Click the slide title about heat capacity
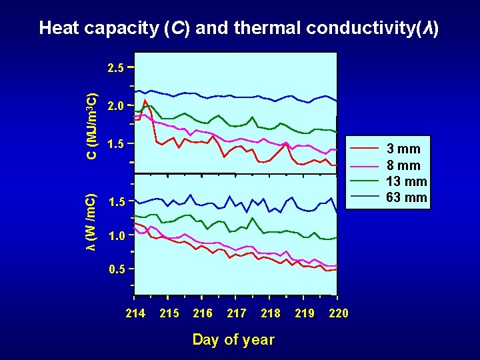pos(239,28)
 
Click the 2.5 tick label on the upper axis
pos(116,68)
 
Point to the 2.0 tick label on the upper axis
pos(116,106)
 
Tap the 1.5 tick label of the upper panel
pos(116,144)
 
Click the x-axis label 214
pos(135,313)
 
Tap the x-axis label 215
pos(169,313)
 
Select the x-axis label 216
pos(203,313)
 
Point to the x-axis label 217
pos(237,313)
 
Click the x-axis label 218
pos(271,313)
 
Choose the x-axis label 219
pos(305,313)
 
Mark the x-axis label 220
pos(339,313)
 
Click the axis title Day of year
pos(233,340)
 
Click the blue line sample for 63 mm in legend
pos(365,197)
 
